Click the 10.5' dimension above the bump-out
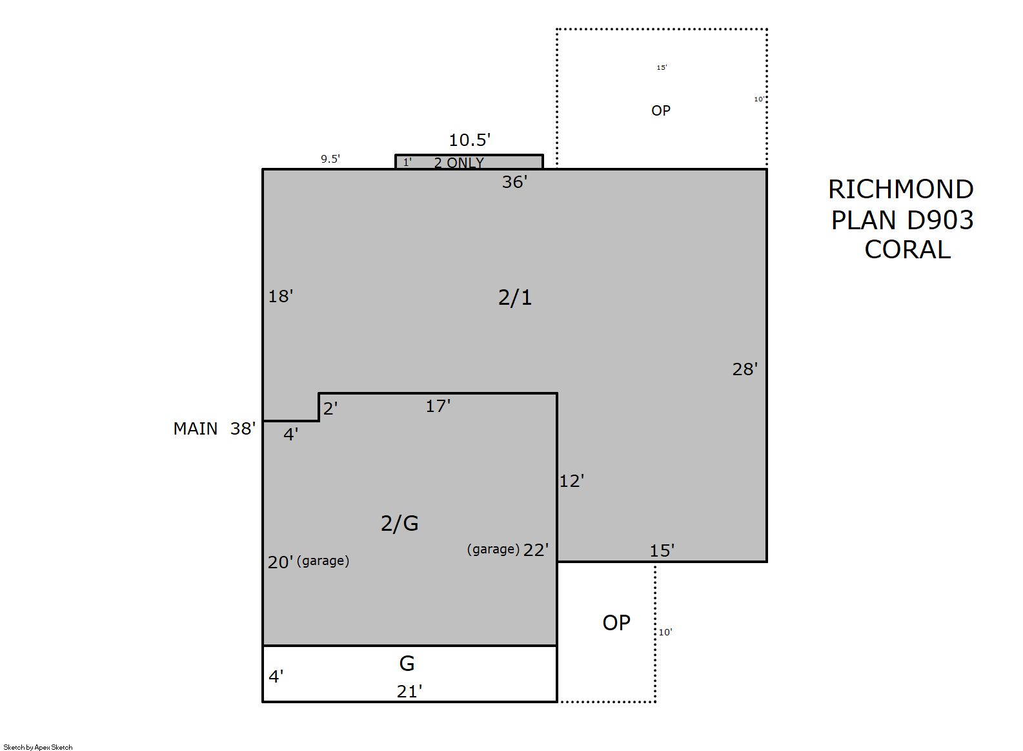pos(469,139)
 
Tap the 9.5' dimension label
pos(330,159)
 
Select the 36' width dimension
pos(514,182)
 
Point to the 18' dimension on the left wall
pos(280,296)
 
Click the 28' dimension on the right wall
pos(745,369)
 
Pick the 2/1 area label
pos(515,298)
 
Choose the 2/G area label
pos(400,524)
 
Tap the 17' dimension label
pos(438,406)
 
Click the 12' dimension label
pos(572,481)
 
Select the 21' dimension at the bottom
pos(409,692)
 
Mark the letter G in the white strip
pos(407,663)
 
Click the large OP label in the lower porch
pos(616,622)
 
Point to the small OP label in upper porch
pos(661,110)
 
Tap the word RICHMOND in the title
pos(900,189)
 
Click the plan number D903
pos(940,220)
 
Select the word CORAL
pos(907,250)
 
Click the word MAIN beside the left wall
pos(196,429)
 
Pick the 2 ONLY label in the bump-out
pos(458,163)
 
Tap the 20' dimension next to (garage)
pos(280,562)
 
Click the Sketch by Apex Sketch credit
pos(38,747)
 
